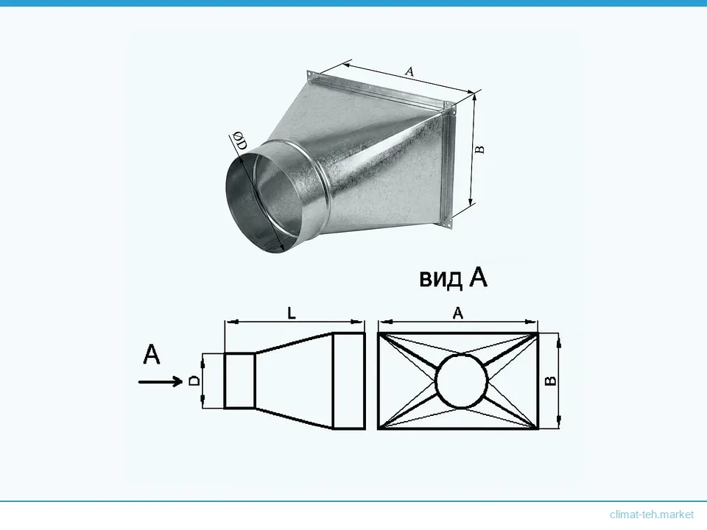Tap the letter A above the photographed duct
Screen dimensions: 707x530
coord(409,71)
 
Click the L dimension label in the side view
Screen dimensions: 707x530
coord(292,313)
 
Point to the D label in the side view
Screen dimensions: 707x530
coord(194,381)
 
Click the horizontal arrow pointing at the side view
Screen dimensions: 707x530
coord(160,382)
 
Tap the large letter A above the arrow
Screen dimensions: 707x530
coord(152,354)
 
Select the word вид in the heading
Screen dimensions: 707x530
coord(440,278)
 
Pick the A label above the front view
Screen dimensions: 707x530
coord(457,313)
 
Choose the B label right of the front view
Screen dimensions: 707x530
coord(551,381)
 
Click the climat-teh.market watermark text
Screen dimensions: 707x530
coord(652,515)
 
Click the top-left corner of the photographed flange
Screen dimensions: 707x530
coord(308,71)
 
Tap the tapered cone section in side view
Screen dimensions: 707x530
coord(294,381)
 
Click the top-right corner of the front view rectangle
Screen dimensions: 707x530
coord(538,333)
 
